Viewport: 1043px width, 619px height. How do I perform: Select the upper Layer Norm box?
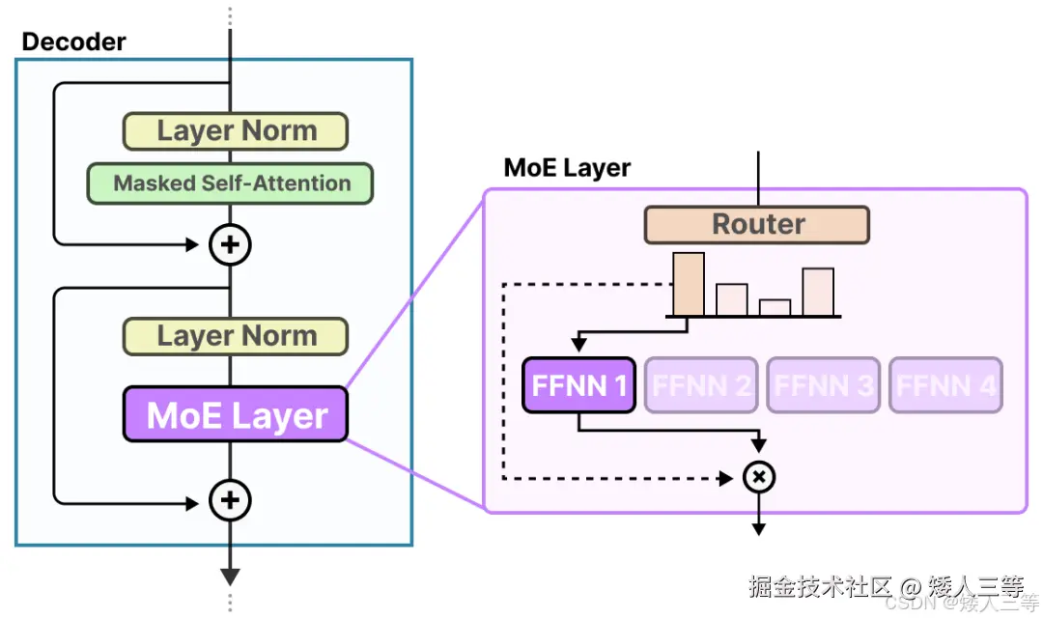(x=235, y=131)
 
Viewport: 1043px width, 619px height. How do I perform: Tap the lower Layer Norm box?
(x=235, y=336)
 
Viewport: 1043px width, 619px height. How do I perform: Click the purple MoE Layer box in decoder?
(x=235, y=415)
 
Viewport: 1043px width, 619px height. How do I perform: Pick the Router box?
(x=757, y=224)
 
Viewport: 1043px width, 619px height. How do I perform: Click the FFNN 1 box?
(x=578, y=386)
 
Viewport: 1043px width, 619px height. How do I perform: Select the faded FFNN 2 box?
(x=701, y=386)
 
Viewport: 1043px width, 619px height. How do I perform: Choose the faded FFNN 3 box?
(x=823, y=386)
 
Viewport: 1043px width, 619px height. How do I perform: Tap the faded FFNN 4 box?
(x=945, y=386)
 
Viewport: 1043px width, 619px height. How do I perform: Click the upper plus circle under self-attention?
(x=230, y=245)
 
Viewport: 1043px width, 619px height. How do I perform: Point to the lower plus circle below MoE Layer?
(x=230, y=500)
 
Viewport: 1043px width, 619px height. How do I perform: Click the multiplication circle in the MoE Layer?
(x=759, y=477)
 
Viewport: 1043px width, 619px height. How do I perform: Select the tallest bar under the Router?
(x=689, y=284)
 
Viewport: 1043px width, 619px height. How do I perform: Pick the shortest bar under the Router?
(x=775, y=307)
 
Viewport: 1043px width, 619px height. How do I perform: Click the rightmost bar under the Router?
(x=817, y=292)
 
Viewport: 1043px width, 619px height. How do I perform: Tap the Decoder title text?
(x=73, y=42)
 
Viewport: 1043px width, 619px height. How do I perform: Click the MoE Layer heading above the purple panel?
(x=567, y=168)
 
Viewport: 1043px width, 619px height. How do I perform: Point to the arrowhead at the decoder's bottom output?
(x=230, y=577)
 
